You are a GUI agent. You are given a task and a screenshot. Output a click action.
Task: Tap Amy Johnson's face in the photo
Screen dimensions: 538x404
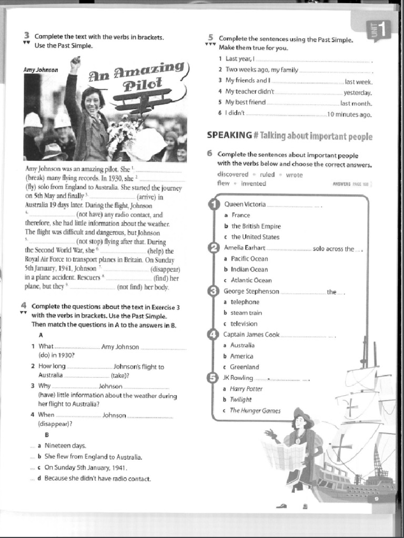(92, 101)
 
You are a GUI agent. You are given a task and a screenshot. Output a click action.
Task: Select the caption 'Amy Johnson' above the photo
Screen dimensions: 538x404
(41, 70)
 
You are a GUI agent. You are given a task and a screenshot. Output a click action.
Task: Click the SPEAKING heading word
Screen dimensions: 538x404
(229, 136)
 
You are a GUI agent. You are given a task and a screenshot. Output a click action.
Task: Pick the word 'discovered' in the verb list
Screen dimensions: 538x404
(233, 174)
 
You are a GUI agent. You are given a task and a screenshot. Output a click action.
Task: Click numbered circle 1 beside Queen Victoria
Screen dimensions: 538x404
(214, 204)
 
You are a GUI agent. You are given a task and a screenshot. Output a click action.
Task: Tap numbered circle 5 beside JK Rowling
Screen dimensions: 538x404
(214, 378)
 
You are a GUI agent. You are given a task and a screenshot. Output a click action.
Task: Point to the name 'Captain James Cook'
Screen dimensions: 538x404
(251, 334)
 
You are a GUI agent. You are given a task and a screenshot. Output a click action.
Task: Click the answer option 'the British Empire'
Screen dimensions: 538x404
(256, 226)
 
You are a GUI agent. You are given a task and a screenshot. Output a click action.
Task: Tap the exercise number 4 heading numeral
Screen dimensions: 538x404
(24, 306)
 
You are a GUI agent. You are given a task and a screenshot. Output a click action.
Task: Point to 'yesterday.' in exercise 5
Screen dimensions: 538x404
(358, 92)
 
